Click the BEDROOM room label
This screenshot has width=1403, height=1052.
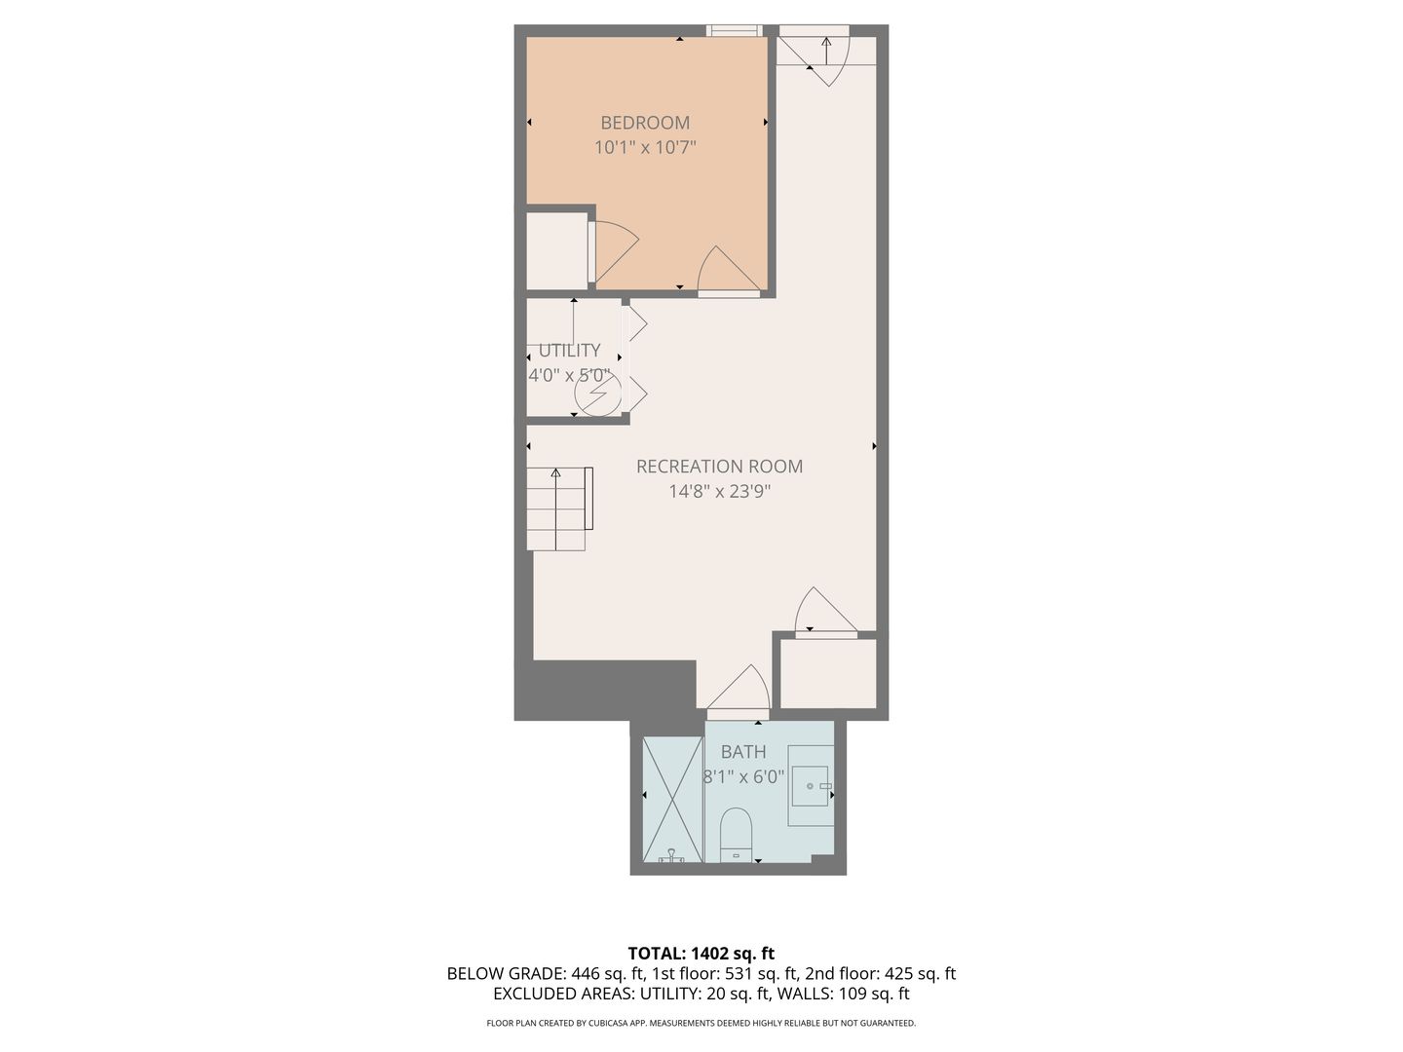pyautogui.click(x=645, y=123)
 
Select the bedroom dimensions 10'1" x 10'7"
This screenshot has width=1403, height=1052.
pyautogui.click(x=645, y=147)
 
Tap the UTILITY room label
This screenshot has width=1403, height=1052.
pyautogui.click(x=570, y=351)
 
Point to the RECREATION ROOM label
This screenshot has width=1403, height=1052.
pyautogui.click(x=719, y=467)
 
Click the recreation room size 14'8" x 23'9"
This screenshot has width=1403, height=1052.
pyautogui.click(x=720, y=491)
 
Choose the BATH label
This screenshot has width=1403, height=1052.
pyautogui.click(x=743, y=752)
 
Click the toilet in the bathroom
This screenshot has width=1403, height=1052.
pyautogui.click(x=737, y=835)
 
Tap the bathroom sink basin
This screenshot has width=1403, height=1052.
pyautogui.click(x=811, y=786)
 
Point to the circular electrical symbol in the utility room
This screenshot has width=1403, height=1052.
pyautogui.click(x=598, y=394)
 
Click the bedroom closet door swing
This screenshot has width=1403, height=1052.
pyautogui.click(x=614, y=251)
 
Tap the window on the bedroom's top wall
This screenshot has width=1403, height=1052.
pyautogui.click(x=735, y=30)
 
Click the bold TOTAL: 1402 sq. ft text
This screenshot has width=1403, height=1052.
pyautogui.click(x=701, y=954)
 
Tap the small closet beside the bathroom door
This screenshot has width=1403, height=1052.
pyautogui.click(x=828, y=673)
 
